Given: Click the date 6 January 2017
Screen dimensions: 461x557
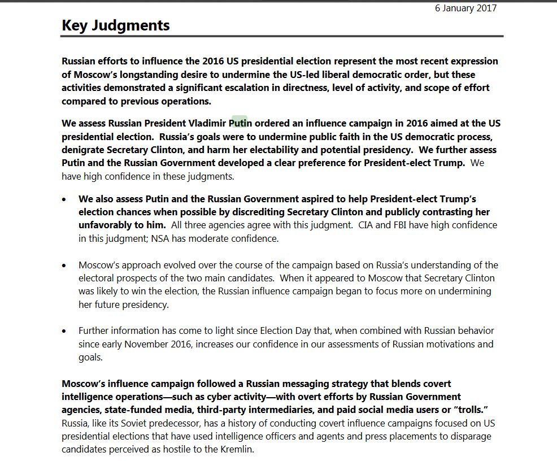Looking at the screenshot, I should click(465, 8).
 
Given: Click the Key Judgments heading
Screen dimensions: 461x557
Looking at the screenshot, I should click(115, 25).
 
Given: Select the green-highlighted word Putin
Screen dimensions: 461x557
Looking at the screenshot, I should click(240, 123).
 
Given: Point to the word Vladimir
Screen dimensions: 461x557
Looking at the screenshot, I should click(206, 123).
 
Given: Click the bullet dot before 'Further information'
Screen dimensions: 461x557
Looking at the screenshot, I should click(66, 331).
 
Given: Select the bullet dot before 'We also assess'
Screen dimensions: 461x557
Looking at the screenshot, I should click(66, 199).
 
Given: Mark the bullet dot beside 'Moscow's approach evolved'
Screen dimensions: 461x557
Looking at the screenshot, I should click(66, 266).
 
